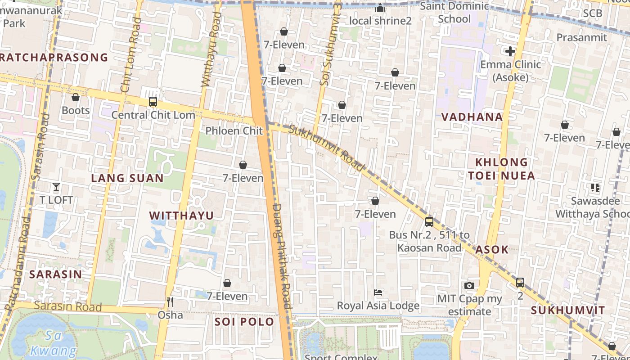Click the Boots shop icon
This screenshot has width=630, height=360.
pyautogui.click(x=76, y=97)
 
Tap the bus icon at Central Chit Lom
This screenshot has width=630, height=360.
pyautogui.click(x=153, y=102)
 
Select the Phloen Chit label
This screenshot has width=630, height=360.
pyautogui.click(x=234, y=131)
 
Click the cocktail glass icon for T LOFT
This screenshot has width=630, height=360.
pyautogui.click(x=56, y=186)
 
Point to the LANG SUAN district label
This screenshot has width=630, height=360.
pyautogui.click(x=127, y=178)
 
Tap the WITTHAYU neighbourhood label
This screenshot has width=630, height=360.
pyautogui.click(x=181, y=216)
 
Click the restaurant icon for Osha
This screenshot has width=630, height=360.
pyautogui.click(x=170, y=301)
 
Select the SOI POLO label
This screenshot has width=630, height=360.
pyautogui.click(x=244, y=322)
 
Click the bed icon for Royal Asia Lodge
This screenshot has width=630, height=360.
pyautogui.click(x=378, y=292)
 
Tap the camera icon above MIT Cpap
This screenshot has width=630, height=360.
pyautogui.click(x=469, y=285)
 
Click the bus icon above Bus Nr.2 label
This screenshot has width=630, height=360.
pyautogui.click(x=429, y=221)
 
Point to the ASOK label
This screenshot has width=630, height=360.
pyautogui.click(x=492, y=250)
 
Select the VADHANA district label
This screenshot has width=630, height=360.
pyautogui.click(x=472, y=117)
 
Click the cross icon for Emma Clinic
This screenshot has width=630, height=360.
pyautogui.click(x=510, y=51)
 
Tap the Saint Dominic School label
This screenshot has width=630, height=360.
pyautogui.click(x=454, y=13)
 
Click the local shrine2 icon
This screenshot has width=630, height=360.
pyautogui.click(x=380, y=8)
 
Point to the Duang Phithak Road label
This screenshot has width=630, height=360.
pyautogui.click(x=283, y=256)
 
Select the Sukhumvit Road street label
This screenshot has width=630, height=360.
pyautogui.click(x=326, y=148)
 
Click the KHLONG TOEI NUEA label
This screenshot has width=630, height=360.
pyautogui.click(x=501, y=169)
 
